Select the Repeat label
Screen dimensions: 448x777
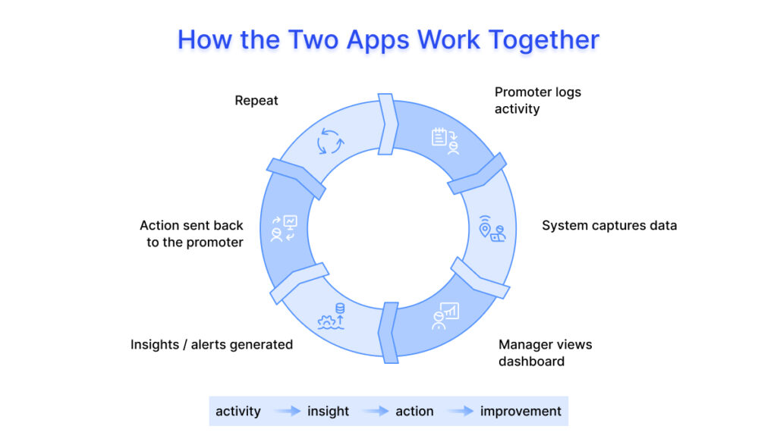tap(256, 101)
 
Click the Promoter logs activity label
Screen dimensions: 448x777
tap(537, 101)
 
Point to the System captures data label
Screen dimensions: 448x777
tap(609, 225)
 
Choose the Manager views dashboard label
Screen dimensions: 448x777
tap(545, 352)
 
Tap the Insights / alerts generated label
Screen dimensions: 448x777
tap(212, 344)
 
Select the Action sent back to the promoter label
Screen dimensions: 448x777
tap(191, 233)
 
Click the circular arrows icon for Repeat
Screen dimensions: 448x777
tap(330, 141)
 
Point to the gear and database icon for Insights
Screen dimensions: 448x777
tap(331, 316)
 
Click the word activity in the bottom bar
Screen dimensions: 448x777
tap(238, 412)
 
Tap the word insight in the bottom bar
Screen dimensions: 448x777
tap(328, 412)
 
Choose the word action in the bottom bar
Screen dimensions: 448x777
tap(414, 412)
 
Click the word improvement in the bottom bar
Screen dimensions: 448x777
tap(521, 412)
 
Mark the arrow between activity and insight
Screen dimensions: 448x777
tap(288, 412)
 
